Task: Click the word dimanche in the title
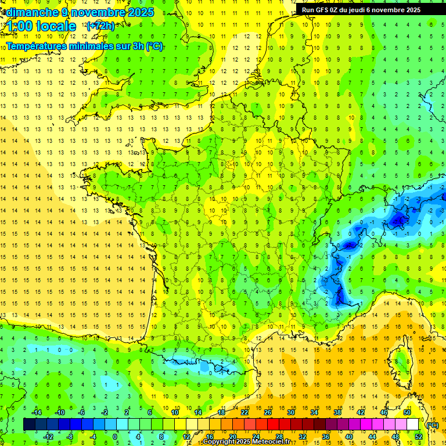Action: point(29,12)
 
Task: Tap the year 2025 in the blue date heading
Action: point(140,12)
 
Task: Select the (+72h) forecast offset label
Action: point(100,26)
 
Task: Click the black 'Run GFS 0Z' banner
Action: point(366,9)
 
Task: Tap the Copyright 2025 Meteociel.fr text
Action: point(254,442)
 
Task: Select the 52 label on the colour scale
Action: point(419,437)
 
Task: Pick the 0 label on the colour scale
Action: point(115,437)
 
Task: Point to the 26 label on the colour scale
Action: point(268,412)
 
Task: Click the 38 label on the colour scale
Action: point(337,412)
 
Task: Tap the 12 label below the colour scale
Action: point(186,437)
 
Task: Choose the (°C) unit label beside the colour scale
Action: point(432,425)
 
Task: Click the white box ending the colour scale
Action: point(412,425)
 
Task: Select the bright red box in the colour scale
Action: point(273,425)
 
